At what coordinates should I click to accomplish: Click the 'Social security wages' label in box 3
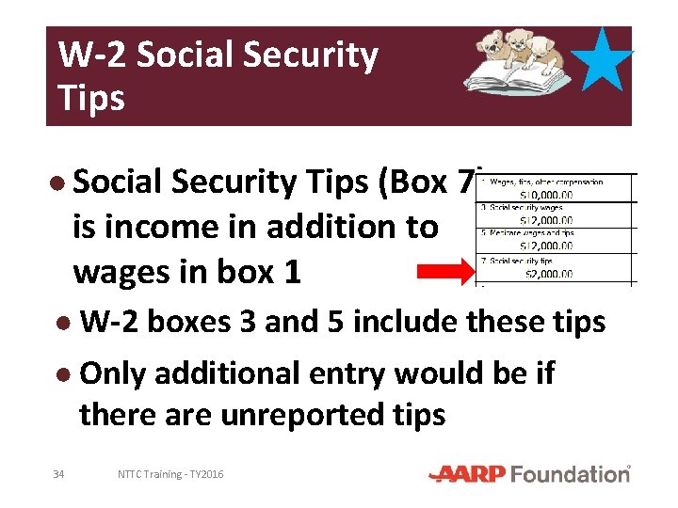tap(524, 207)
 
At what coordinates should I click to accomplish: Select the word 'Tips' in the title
tap(91, 97)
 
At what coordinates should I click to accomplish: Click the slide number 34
tap(58, 474)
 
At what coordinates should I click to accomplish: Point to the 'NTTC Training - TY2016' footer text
tap(170, 474)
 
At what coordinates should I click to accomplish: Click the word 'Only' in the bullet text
tap(112, 373)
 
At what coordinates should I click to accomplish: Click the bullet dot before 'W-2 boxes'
tap(62, 322)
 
